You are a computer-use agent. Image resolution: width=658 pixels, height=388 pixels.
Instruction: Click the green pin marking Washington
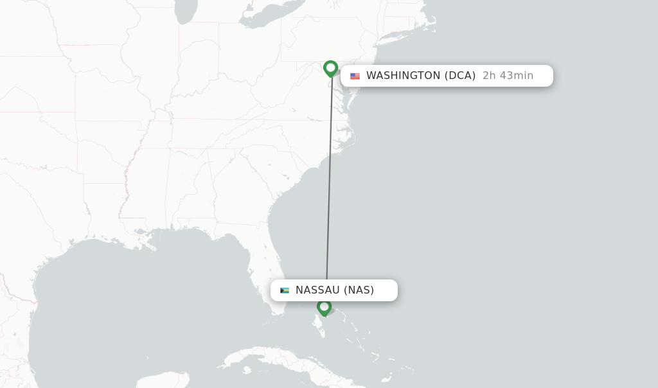point(330,68)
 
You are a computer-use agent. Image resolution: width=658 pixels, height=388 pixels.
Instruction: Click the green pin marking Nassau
point(324,307)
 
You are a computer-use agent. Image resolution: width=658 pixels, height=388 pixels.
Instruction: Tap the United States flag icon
point(355,76)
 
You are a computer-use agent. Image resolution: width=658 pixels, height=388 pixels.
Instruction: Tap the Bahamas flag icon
point(285,290)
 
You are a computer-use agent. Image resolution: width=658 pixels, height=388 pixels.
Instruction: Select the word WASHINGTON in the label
point(403,76)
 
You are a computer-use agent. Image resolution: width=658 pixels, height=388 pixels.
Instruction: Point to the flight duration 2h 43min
point(508,76)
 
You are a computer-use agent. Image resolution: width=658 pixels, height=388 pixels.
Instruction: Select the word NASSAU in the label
point(317,290)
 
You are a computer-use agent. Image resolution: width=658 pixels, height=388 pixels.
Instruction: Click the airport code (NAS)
point(359,290)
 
